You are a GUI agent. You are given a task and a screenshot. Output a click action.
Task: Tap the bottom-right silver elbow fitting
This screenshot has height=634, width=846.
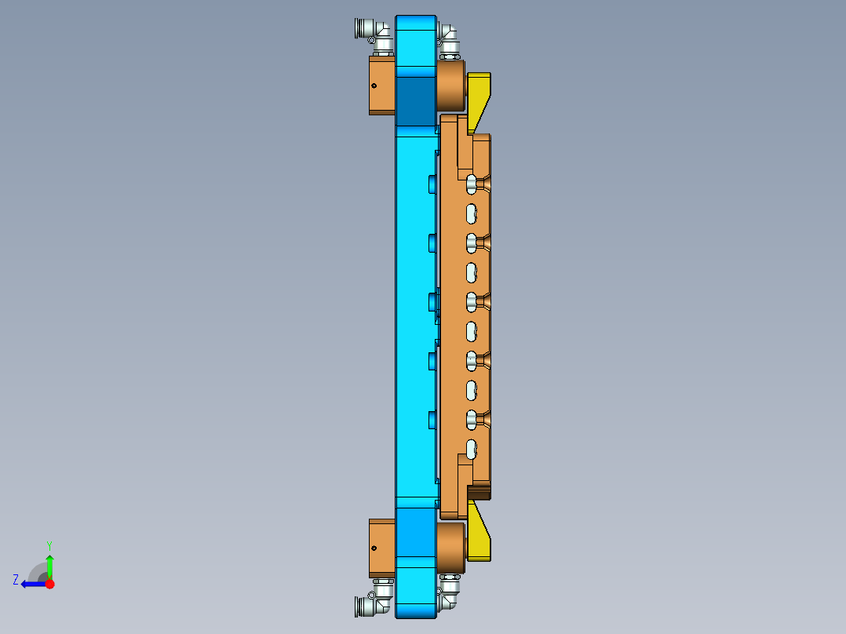[449, 592]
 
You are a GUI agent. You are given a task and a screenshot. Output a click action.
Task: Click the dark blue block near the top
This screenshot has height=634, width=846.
[415, 100]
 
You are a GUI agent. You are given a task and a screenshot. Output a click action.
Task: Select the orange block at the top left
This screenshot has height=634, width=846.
[383, 85]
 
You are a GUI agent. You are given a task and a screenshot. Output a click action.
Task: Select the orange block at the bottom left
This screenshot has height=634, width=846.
[383, 548]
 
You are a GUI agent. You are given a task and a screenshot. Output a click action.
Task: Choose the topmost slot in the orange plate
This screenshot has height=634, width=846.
[472, 184]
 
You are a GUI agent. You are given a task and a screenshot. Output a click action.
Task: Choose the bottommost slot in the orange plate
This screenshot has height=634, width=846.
[472, 449]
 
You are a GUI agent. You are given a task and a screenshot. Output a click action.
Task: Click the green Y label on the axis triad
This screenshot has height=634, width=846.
[49, 545]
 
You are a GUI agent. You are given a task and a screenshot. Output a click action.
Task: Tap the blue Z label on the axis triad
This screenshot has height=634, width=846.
[16, 579]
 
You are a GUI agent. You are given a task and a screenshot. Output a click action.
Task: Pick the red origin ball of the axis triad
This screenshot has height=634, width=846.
[49, 584]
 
